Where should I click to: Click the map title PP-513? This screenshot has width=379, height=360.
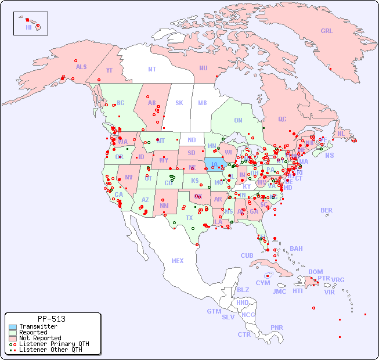pos(51,319)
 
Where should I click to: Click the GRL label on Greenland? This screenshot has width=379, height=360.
pos(327,31)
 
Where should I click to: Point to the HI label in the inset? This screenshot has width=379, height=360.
pos(29,27)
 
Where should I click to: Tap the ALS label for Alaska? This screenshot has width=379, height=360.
pos(81,67)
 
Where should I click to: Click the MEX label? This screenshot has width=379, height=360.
pos(177,261)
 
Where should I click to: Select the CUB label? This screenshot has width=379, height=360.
pos(247,255)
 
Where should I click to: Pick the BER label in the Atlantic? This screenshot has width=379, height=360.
pos(327,210)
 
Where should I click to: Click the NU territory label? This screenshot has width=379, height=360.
pos(203,68)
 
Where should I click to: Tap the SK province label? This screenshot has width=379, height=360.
pos(179,103)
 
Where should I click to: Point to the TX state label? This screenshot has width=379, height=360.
pos(189,218)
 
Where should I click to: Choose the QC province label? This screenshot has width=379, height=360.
pos(282,119)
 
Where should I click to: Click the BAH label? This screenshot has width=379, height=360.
pos(296,249)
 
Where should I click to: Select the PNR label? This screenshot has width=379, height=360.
pos(277,327)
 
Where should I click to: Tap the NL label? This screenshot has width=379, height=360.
pos(341,133)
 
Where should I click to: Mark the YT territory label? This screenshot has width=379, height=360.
pos(109,70)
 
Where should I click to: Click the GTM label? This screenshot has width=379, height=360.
pos(214,311)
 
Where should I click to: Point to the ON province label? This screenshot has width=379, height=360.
pos(238,120)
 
